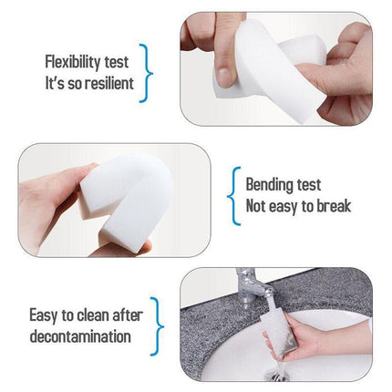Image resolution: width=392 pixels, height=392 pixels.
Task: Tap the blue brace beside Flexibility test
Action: coord(147,73)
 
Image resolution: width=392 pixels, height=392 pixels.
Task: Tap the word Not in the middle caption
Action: coord(259,206)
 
